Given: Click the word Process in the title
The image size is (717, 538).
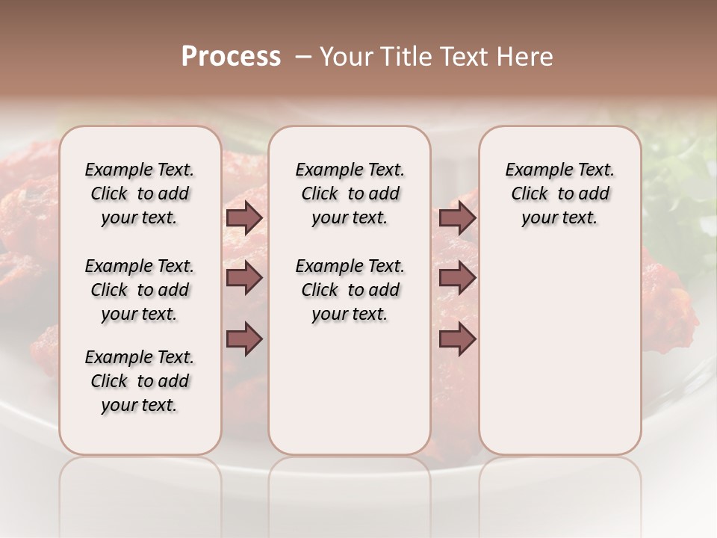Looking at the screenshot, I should [231, 57].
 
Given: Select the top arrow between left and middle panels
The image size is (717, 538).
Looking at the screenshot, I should [244, 218].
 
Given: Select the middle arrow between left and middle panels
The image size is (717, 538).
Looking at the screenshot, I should [244, 278].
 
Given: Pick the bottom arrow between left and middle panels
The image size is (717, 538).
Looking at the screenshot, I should [244, 338].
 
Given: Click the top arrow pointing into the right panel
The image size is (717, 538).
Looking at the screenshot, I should [457, 218].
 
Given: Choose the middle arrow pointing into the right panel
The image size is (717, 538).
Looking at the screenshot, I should [457, 278].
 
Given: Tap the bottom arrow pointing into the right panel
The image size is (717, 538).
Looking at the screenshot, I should [457, 338].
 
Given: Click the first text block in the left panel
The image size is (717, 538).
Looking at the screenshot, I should [140, 194].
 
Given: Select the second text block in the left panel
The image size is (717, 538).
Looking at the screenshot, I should [140, 290].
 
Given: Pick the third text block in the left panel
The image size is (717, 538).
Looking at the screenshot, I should [140, 381].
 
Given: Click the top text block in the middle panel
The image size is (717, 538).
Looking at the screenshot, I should [350, 194].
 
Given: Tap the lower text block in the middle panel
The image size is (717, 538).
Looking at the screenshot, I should [350, 290].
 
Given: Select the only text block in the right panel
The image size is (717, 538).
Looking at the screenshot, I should [559, 194].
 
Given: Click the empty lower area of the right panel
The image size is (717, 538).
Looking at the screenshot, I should [559, 344].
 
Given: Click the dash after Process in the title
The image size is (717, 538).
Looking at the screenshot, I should [302, 57].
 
